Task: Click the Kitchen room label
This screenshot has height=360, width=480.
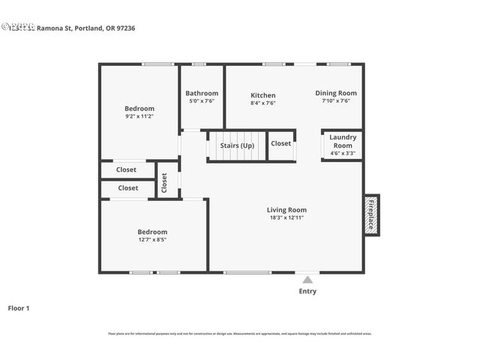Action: click(262, 95)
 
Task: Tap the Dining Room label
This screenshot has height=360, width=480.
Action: click(335, 93)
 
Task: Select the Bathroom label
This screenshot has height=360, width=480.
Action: click(202, 93)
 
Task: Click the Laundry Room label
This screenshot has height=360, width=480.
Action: click(343, 141)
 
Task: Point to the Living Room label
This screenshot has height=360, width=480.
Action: click(286, 210)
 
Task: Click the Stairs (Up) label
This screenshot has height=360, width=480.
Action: click(236, 145)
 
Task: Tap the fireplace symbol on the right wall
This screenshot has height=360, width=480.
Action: click(370, 214)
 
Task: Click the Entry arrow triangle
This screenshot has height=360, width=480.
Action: click(307, 279)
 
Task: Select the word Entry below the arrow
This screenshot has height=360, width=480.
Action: click(307, 291)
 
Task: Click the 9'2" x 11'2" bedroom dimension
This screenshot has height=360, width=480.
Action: click(139, 116)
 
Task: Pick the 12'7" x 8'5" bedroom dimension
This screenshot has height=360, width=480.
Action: click(152, 240)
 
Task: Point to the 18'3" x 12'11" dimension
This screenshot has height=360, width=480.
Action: click(286, 217)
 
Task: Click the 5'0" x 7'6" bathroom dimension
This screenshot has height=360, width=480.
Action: click(202, 100)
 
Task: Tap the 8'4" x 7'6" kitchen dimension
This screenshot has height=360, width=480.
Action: click(262, 103)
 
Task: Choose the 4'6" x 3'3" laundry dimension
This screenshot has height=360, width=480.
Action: click(343, 153)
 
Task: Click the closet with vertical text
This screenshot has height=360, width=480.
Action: click(164, 182)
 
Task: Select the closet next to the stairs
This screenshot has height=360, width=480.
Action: click(281, 143)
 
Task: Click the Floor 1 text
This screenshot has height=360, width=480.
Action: click(19, 307)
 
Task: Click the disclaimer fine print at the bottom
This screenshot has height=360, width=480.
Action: click(239, 334)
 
